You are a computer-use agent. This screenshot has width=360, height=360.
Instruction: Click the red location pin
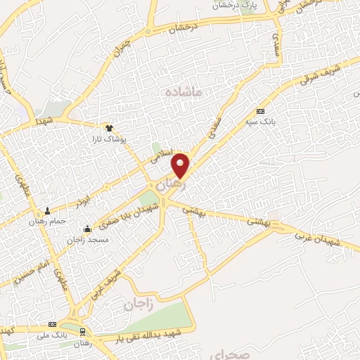pyautogui.click(x=181, y=165)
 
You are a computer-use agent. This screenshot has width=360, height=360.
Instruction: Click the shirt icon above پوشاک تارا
pyautogui.click(x=109, y=128)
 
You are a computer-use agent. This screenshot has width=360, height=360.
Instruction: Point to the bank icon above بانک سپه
pyautogui.click(x=261, y=111)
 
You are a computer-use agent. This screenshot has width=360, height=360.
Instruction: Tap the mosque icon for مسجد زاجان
pyautogui.click(x=87, y=229)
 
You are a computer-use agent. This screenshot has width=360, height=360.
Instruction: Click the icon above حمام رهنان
pyautogui.click(x=48, y=210)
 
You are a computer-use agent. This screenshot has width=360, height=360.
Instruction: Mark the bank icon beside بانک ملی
pyautogui.click(x=52, y=324)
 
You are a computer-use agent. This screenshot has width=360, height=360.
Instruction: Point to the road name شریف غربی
pyautogui.click(x=103, y=280)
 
